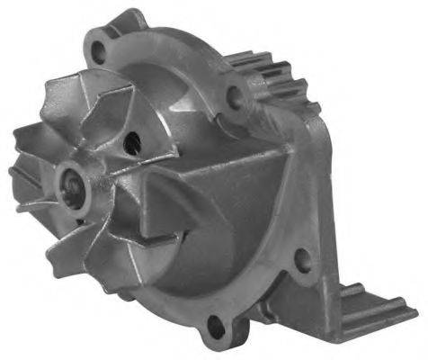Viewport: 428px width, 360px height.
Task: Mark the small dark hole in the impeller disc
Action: pyautogui.click(x=134, y=139)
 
